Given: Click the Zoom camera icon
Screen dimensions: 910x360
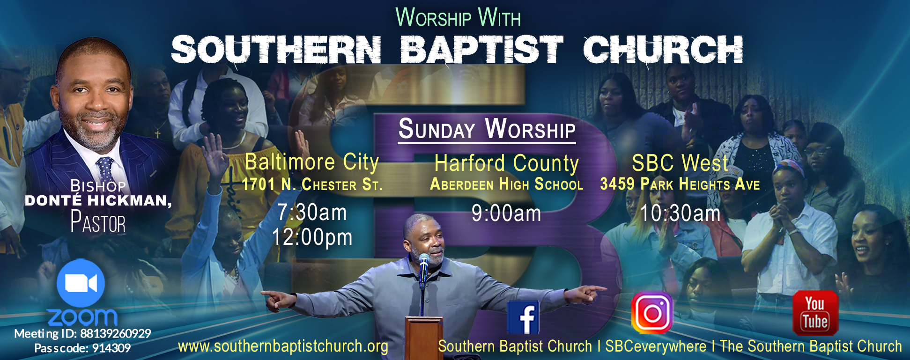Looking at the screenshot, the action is tap(81, 283).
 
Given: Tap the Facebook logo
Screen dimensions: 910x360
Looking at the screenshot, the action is tap(524, 317).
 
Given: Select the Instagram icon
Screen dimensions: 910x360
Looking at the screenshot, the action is tap(652, 312).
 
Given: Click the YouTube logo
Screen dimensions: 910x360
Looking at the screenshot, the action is tap(815, 313).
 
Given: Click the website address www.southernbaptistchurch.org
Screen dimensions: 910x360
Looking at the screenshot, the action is tap(283, 346).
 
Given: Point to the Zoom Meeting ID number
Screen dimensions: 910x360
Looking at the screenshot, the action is tap(115, 334).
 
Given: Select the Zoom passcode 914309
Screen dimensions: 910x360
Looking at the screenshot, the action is tap(111, 348).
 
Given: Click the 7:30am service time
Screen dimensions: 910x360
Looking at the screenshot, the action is tap(312, 213).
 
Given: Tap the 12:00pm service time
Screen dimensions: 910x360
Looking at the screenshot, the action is tap(312, 237).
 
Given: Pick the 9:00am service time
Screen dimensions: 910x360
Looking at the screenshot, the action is tap(506, 213).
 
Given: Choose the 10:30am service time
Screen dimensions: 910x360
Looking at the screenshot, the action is tap(680, 213).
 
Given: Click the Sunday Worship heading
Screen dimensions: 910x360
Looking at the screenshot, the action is tap(487, 129).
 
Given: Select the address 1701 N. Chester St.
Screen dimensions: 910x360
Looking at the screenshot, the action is tap(312, 184).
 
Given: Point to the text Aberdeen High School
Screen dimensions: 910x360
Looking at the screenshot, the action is tap(506, 184).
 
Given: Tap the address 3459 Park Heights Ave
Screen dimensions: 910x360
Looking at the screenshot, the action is tap(680, 184).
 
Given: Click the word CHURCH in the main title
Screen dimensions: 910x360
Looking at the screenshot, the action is tap(663, 49).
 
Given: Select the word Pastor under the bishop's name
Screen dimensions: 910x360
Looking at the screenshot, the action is tap(98, 222).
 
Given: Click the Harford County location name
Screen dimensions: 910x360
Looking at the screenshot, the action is tap(506, 163).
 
